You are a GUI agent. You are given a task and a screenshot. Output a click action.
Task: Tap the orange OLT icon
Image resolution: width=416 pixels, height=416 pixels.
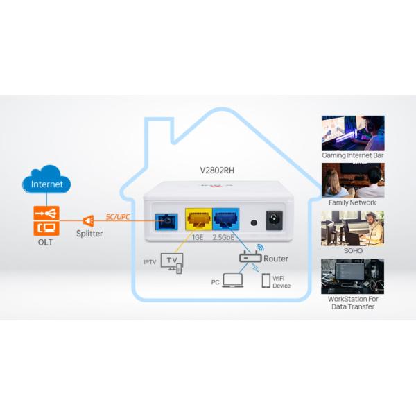[46, 220]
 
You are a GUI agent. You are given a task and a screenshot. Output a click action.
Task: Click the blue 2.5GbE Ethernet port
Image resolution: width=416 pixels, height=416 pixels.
[227, 220]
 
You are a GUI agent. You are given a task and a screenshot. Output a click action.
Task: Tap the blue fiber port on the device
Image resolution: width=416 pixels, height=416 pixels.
[167, 220]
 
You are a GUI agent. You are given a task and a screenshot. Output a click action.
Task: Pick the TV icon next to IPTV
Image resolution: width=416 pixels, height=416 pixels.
[172, 262]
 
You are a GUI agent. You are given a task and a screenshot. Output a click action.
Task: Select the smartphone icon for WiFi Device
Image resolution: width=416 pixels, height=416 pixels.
[266, 280]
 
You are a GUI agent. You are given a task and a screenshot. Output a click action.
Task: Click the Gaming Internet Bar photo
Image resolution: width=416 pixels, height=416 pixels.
[352, 133]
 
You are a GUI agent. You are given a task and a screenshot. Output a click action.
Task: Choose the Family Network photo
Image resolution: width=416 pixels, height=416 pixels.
[352, 180]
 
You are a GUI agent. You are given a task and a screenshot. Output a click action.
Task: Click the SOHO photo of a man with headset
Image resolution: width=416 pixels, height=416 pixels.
[352, 228]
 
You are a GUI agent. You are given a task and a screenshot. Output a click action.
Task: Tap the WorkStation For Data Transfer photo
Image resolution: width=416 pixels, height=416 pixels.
[352, 277]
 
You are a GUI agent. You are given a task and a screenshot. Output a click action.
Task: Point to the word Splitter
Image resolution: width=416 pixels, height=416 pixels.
[89, 234]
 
